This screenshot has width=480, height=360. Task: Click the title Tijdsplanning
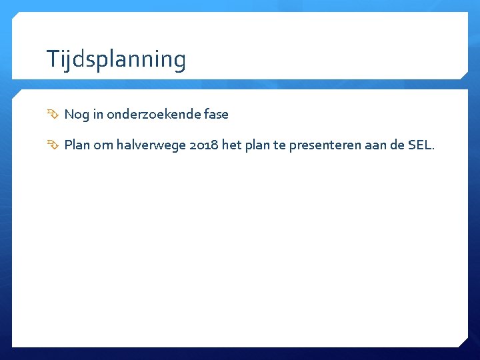click(116, 59)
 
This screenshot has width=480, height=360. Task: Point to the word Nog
click(76, 115)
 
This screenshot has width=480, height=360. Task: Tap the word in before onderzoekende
click(98, 114)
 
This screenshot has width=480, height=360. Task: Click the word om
click(103, 145)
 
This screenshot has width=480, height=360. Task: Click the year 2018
click(203, 145)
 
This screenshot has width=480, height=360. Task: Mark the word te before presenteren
click(280, 145)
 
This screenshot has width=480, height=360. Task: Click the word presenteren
click(321, 145)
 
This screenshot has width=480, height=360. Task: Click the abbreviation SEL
click(420, 145)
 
